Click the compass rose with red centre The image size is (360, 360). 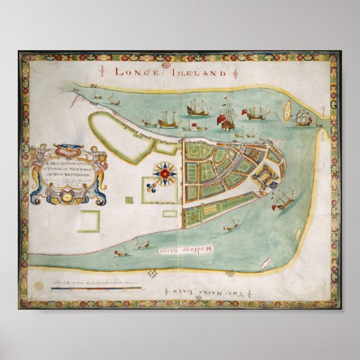(x=165, y=174)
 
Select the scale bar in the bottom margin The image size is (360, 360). (x=96, y=289)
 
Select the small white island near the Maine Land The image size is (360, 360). (x=266, y=262)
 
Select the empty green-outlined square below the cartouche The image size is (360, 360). (x=88, y=221)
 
